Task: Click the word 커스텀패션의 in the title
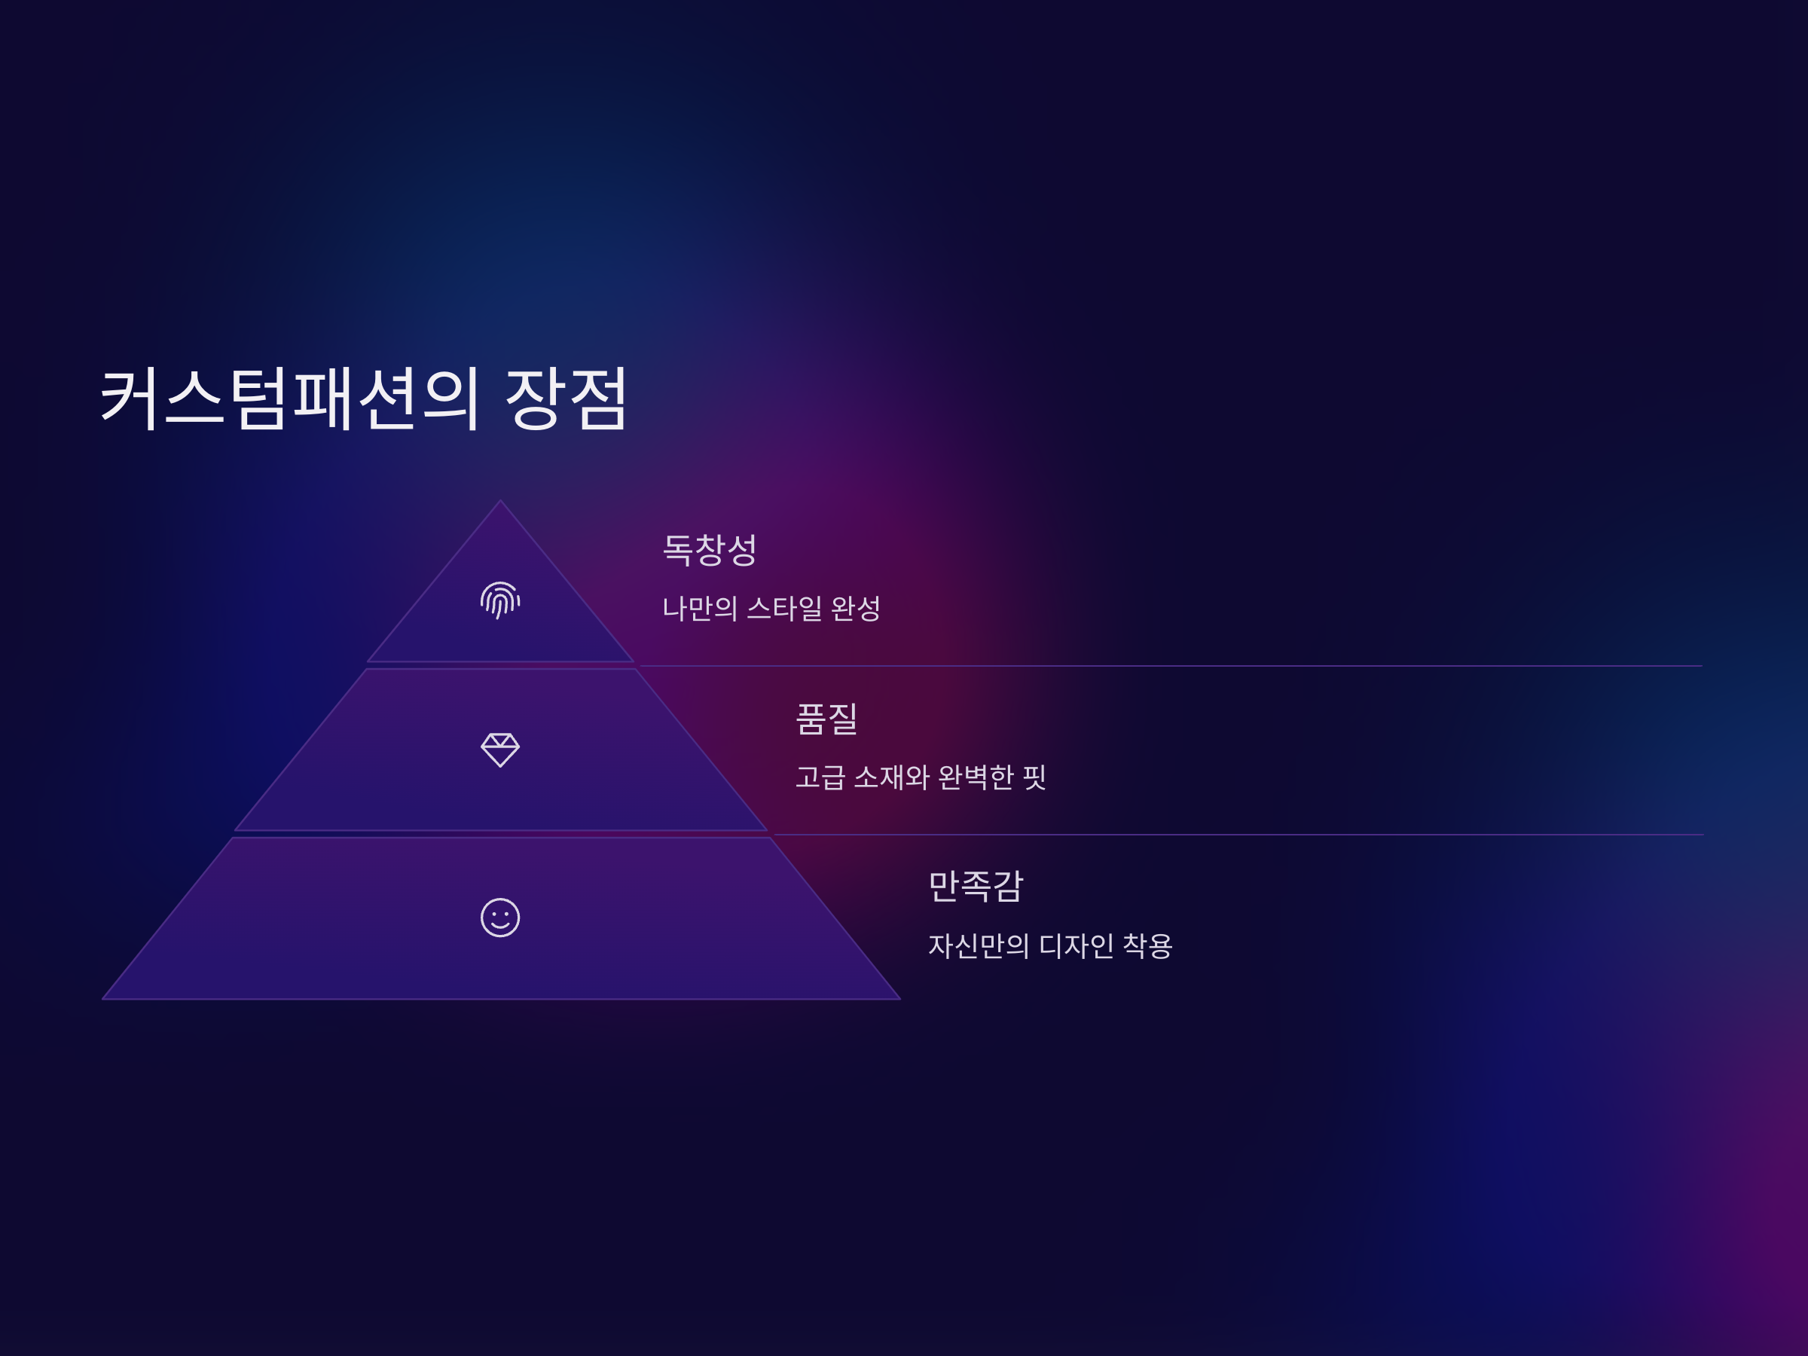[x=290, y=398]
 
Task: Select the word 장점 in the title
[x=566, y=398]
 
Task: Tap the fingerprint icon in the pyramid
[x=500, y=600]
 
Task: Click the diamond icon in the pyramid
[x=500, y=750]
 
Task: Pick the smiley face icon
[x=500, y=917]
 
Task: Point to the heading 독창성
[x=710, y=549]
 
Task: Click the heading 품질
[x=826, y=719]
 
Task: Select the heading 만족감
[x=975, y=886]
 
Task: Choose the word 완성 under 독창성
[x=856, y=608]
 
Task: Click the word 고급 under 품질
[x=820, y=777]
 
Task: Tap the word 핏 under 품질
[x=1035, y=777]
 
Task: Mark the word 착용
[x=1147, y=945]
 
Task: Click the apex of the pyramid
[x=500, y=502]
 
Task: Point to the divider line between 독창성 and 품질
[x=1169, y=666]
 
